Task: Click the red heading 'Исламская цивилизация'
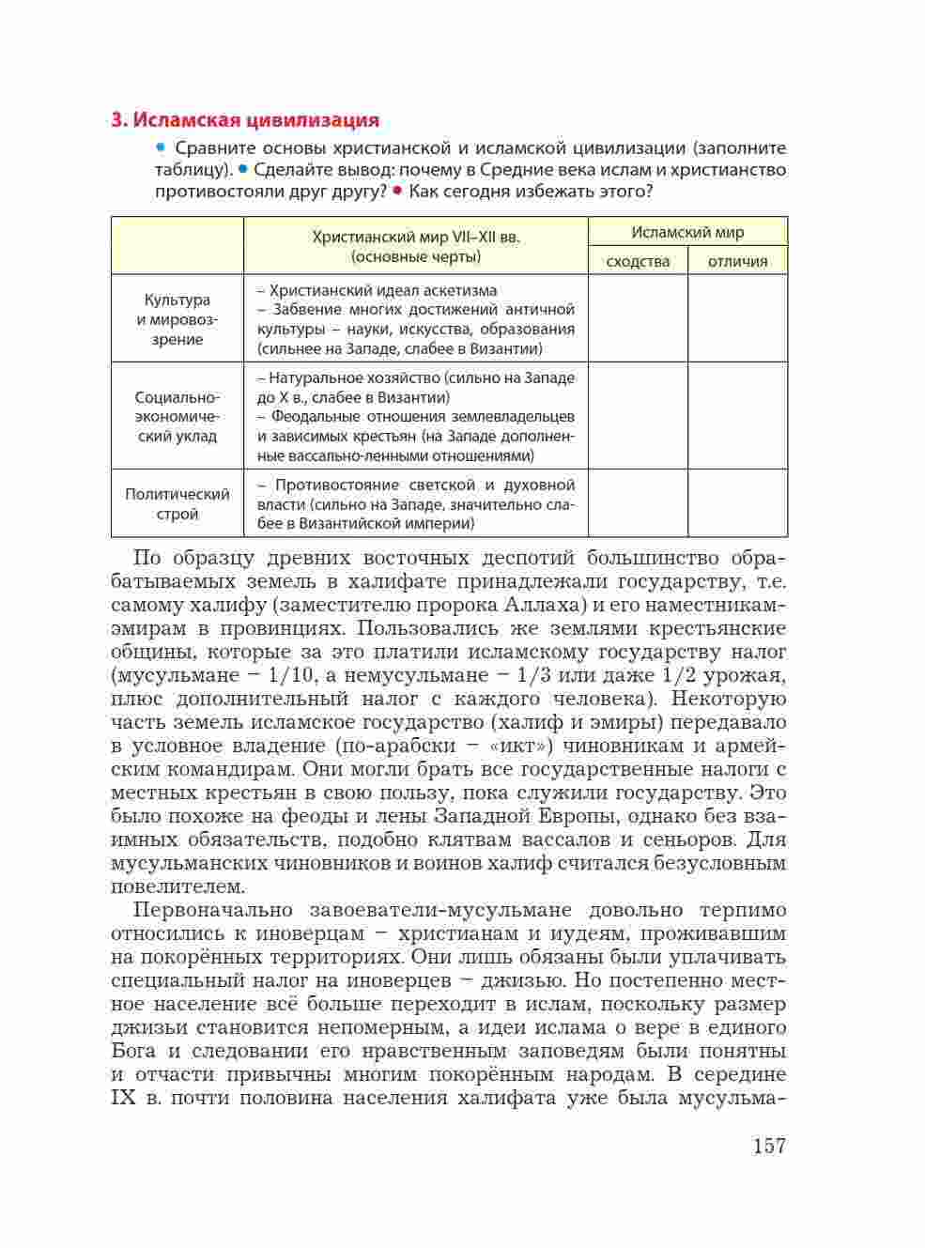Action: click(x=245, y=120)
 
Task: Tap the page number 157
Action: click(x=768, y=1146)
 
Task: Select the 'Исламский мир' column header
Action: click(x=687, y=232)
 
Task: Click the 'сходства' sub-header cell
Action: click(x=638, y=261)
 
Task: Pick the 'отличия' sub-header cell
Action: click(x=737, y=261)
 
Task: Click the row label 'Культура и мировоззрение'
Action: click(x=177, y=319)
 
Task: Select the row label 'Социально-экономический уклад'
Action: click(x=177, y=416)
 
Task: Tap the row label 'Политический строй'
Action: click(x=177, y=504)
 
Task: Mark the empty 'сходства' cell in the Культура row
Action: click(x=638, y=318)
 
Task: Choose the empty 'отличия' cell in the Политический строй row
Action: click(x=737, y=503)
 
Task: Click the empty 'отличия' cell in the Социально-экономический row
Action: click(x=737, y=416)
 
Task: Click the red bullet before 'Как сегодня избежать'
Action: click(x=398, y=191)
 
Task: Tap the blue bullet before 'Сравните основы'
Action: click(x=162, y=147)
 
